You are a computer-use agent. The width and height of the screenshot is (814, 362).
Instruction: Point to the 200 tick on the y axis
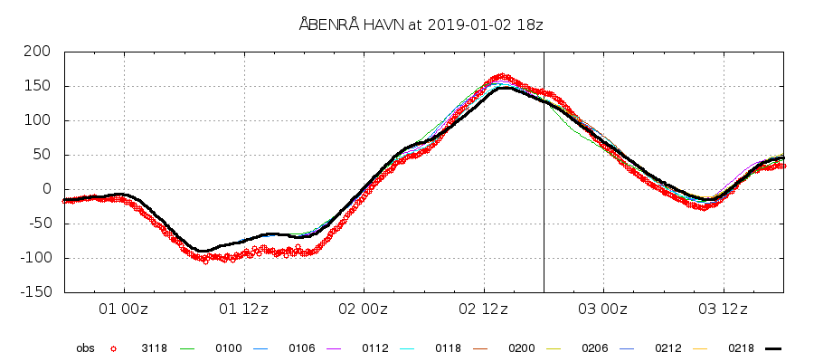[38, 52]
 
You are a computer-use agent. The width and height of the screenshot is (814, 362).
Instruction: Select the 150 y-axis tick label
[38, 86]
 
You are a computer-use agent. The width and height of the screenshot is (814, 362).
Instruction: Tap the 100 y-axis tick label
[38, 120]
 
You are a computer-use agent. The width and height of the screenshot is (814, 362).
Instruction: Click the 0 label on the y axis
[47, 189]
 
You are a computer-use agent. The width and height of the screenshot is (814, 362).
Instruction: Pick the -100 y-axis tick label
[34, 258]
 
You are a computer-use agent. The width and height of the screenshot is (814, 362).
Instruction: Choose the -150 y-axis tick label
[34, 292]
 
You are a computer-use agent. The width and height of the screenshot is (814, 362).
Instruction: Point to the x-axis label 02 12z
[484, 310]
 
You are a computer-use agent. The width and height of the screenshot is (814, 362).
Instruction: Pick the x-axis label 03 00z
[603, 310]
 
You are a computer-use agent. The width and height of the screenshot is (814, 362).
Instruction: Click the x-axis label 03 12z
[724, 310]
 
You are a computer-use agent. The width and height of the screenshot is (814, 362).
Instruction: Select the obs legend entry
[85, 348]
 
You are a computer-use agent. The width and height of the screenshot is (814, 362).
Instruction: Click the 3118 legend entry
[154, 348]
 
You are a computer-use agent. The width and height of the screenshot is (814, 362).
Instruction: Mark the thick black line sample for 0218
[772, 348]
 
